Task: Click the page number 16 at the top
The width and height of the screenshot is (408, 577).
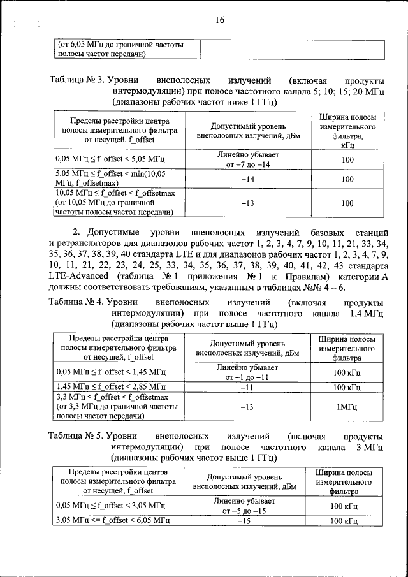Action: pyautogui.click(x=220, y=20)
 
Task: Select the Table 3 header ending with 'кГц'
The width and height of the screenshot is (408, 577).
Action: pyautogui.click(x=347, y=131)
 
